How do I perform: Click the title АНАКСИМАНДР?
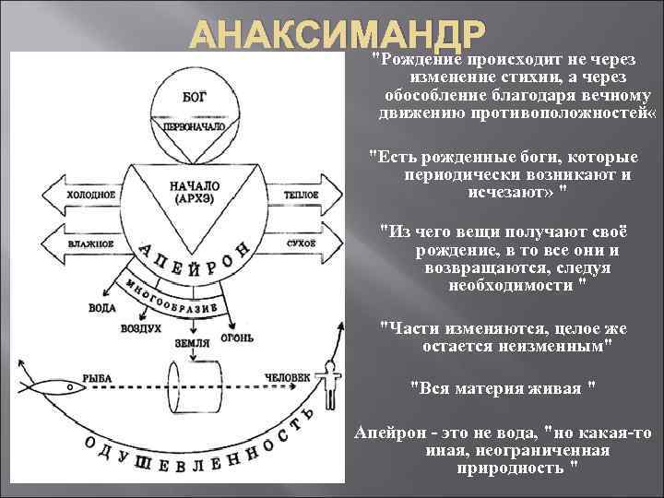pos(337,37)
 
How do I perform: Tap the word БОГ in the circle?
pos(194,95)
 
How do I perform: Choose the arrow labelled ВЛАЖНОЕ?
pos(89,243)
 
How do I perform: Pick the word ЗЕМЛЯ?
pos(193,343)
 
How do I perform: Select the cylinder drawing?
pos(194,386)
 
